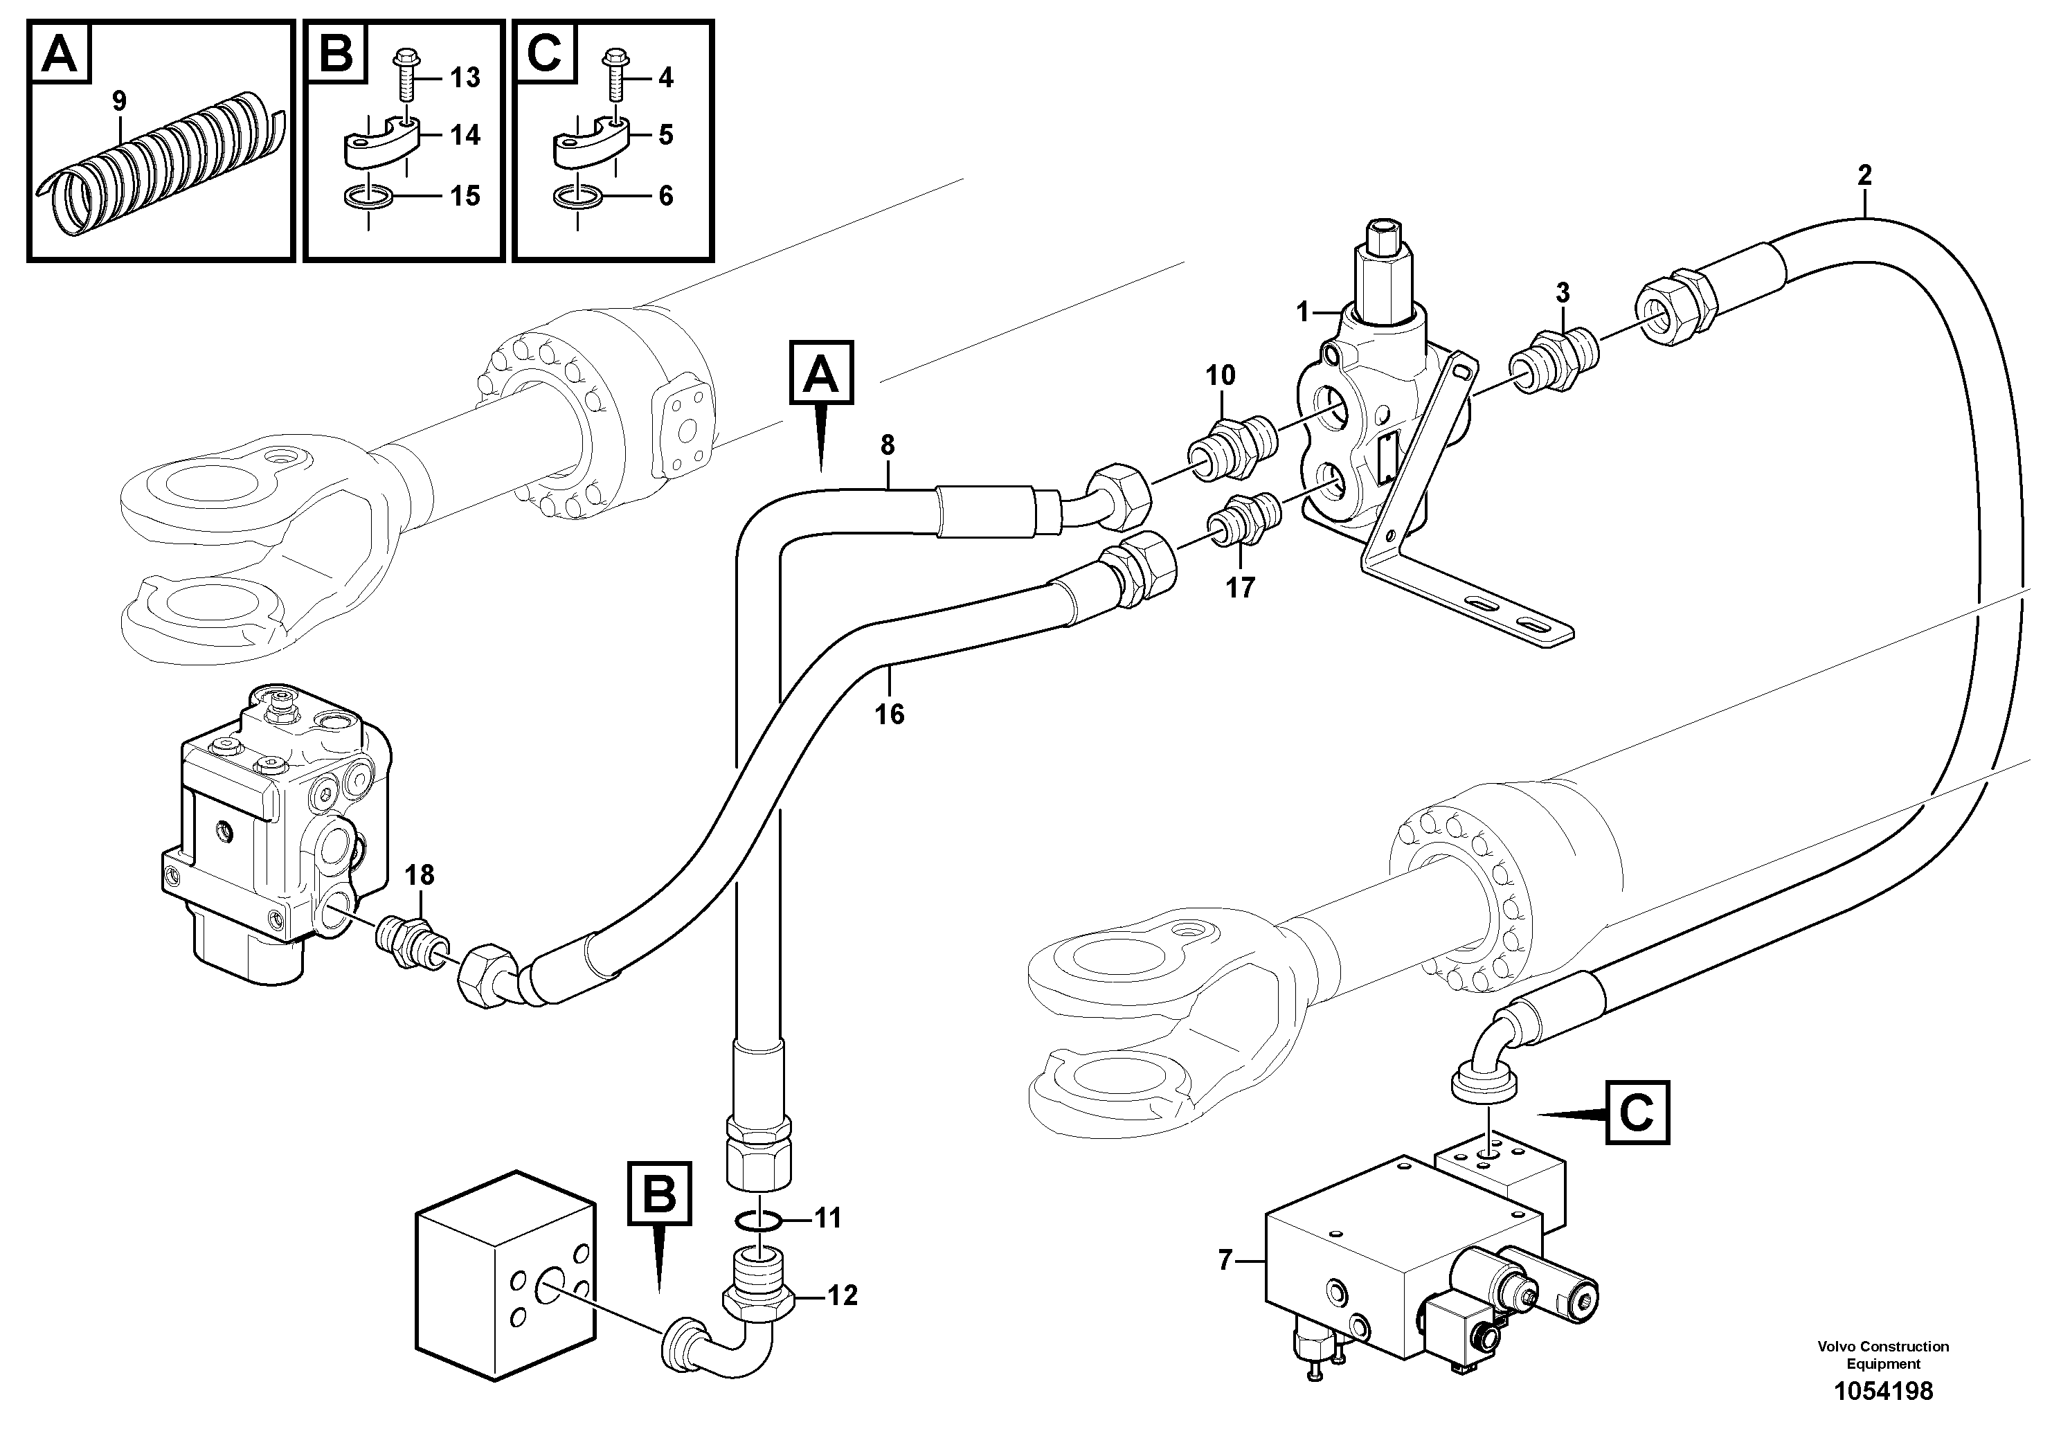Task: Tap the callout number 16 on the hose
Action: (x=890, y=714)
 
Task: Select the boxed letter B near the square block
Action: (x=659, y=1193)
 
